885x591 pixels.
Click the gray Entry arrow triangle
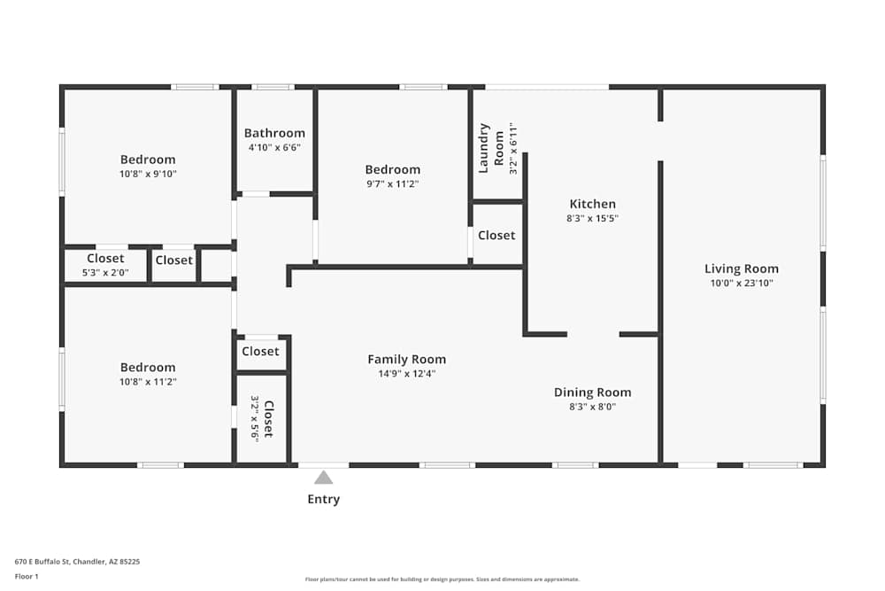point(323,478)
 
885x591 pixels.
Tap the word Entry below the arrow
point(323,500)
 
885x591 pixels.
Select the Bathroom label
point(274,133)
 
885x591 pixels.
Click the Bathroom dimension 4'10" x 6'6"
point(274,147)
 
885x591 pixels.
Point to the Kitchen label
point(593,204)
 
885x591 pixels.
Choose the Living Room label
point(742,269)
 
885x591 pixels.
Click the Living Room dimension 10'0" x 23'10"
point(742,283)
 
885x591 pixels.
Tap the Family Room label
point(407,360)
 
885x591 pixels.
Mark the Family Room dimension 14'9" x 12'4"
point(407,373)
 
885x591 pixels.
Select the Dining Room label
point(593,393)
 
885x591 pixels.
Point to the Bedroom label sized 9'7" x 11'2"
point(393,169)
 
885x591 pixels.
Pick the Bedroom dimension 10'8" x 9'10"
point(148,174)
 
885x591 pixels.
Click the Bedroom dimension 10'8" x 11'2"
point(148,382)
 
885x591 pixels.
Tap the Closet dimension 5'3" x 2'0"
point(105,272)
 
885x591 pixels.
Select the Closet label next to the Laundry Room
point(496,235)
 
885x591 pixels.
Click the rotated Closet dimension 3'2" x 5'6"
point(255,419)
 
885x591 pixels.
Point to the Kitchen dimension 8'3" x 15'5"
point(593,218)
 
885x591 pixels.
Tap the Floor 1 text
point(27,576)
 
